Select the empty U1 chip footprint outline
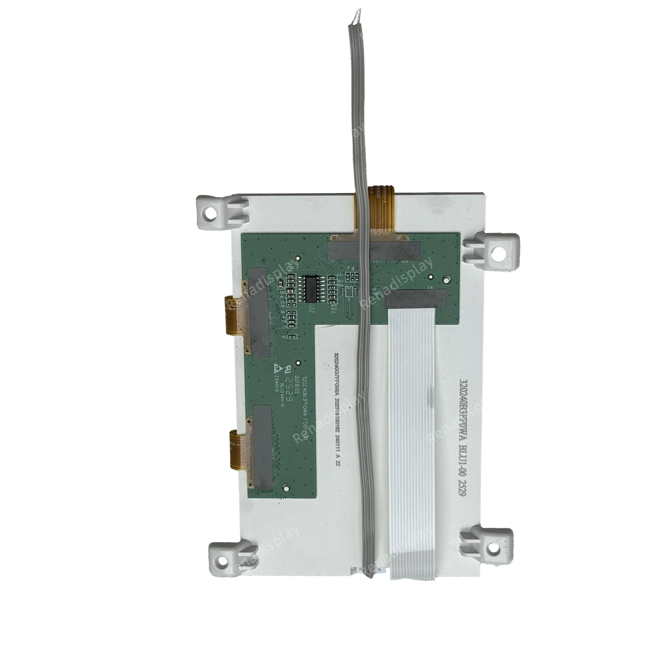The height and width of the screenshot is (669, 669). point(350,291)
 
